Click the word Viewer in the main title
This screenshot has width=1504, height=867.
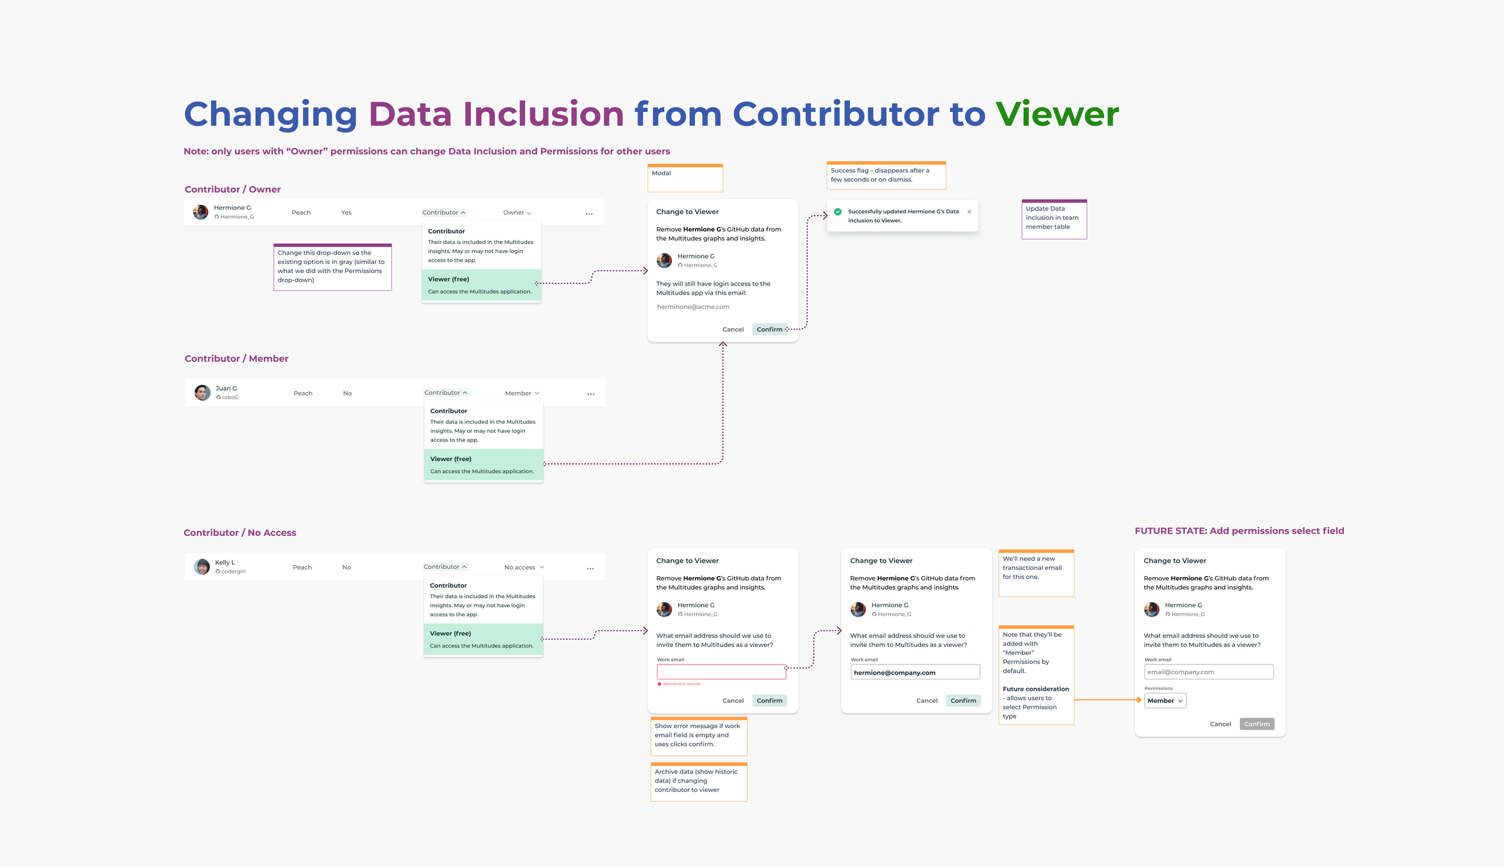1057,114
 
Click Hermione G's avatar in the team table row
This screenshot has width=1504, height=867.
200,212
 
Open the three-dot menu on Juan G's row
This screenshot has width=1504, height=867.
591,394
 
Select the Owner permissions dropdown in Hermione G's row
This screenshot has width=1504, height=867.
517,213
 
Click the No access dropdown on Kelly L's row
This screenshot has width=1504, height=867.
524,568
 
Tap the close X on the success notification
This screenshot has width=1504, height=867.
969,212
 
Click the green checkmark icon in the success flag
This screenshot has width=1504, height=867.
837,212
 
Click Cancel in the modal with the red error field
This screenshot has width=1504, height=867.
733,700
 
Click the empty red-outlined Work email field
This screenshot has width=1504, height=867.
721,672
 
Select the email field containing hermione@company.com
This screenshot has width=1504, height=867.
914,672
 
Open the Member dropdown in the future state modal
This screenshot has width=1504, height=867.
1165,700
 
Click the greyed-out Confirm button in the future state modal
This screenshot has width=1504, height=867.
1257,724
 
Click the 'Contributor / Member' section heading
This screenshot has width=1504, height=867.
236,358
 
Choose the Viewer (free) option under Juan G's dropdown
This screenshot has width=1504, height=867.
483,465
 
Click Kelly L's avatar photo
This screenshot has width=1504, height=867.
202,567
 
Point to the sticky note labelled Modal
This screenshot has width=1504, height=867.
685,178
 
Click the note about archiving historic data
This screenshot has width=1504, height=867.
698,782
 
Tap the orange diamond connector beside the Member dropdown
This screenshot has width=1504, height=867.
1138,700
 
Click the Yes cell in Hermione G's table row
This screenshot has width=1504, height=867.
346,213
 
